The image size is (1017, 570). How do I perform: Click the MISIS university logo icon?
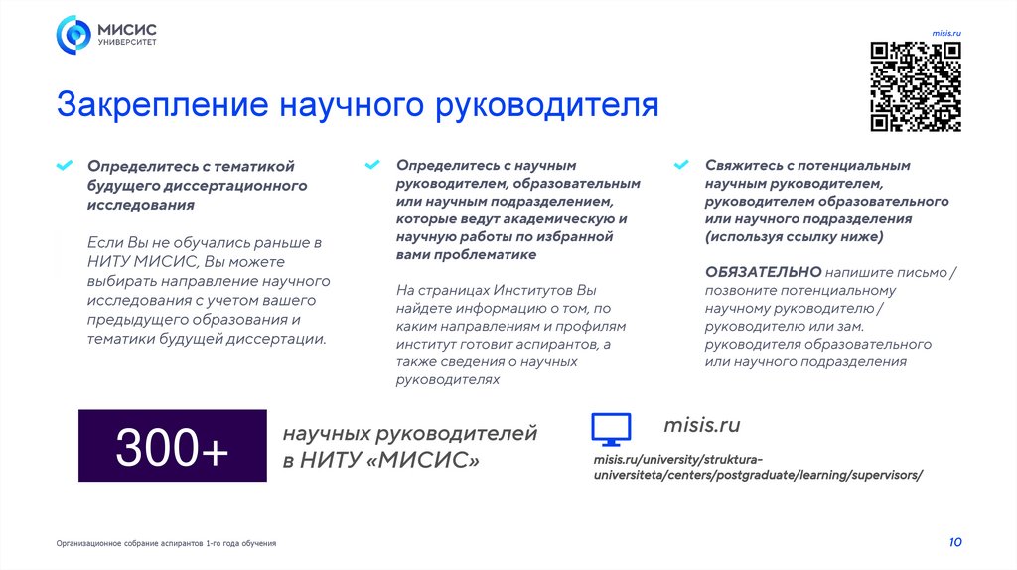73,35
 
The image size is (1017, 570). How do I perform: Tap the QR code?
916,86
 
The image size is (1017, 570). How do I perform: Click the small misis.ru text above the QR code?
946,34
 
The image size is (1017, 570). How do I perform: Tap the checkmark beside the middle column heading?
372,164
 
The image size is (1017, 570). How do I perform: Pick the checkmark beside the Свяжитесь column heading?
681,164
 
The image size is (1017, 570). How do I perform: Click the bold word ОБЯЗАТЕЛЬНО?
763,272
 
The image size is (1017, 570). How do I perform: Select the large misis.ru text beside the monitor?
701,426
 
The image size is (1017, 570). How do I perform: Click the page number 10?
954,542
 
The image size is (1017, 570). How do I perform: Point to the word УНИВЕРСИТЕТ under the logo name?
126,44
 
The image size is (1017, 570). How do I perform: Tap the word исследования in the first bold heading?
140,204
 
